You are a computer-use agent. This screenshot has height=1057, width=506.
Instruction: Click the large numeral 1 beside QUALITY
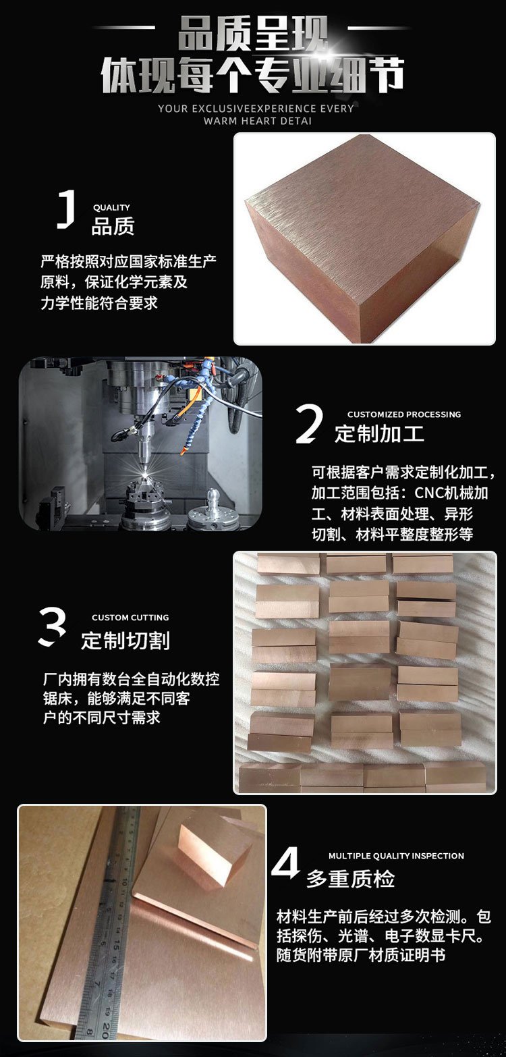point(67,209)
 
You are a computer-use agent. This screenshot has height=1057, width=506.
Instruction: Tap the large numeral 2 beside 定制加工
point(309,424)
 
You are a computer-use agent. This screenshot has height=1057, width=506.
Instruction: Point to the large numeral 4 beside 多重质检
point(286,863)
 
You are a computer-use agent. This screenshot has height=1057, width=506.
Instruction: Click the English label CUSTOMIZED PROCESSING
point(404,414)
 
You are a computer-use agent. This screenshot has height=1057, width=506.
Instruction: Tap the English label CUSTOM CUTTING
point(130,617)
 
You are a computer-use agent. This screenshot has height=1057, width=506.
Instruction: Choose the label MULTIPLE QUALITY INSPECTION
point(396,855)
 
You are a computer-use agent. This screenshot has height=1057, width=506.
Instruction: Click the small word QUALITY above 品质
point(111,207)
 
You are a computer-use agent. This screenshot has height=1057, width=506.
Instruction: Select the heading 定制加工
point(379,433)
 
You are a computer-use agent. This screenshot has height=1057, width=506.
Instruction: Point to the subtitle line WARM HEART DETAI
point(258,121)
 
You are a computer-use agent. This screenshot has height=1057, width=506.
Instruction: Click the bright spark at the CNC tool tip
point(145,471)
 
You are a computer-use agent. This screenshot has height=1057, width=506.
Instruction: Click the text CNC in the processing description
point(430,493)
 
